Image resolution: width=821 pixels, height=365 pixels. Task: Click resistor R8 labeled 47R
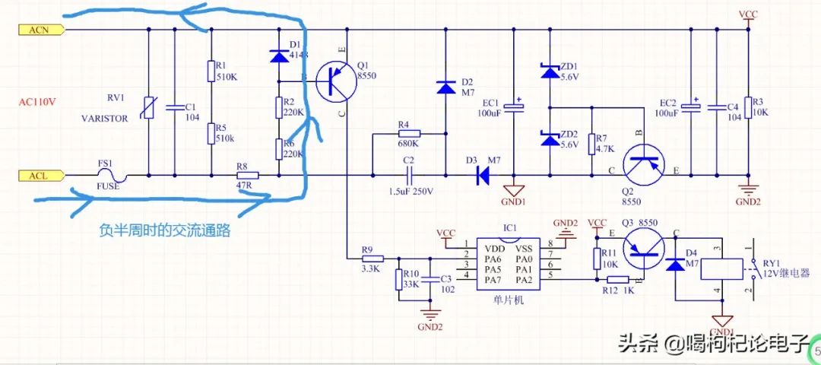[x=246, y=176]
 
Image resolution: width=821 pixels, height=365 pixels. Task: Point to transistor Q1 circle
[x=335, y=82]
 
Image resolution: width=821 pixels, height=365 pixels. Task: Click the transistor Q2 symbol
[x=643, y=165]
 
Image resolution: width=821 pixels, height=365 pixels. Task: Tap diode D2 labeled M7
[x=445, y=88]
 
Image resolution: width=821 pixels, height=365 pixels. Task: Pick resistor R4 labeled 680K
[x=408, y=134]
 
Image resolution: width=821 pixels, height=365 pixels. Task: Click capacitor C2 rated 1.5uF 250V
[x=408, y=176]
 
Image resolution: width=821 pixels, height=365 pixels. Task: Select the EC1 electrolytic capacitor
[x=515, y=106]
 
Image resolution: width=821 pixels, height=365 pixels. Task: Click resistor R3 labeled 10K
[x=748, y=107]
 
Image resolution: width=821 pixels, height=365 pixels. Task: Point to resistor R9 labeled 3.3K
[x=372, y=258]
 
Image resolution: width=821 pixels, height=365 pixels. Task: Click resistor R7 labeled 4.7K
[x=591, y=143]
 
